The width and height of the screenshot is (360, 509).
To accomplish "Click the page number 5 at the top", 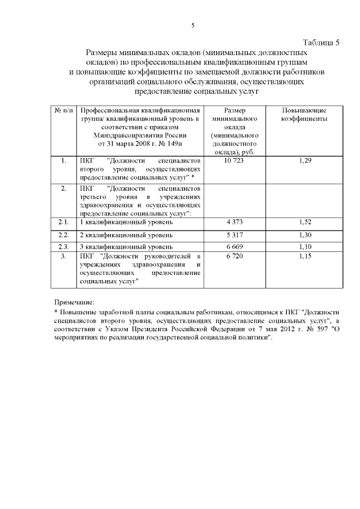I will [x=192, y=25].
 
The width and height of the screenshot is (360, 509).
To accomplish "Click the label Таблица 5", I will [x=321, y=43].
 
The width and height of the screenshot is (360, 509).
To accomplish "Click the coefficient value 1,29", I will [x=304, y=161].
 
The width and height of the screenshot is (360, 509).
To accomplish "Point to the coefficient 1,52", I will [x=304, y=222].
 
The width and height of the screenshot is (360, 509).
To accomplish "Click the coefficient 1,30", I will [x=304, y=235].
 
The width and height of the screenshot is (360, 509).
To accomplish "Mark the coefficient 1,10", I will [x=304, y=246].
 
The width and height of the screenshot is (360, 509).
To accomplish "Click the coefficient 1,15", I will [x=304, y=256].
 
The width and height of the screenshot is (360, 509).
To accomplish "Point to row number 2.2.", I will [x=64, y=235].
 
